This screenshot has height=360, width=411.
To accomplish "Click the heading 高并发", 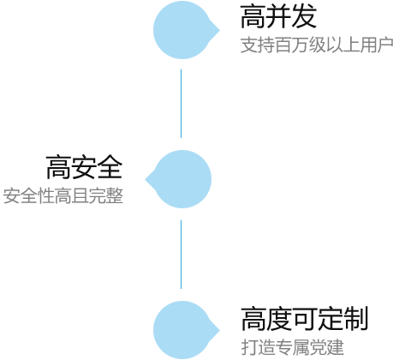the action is tap(278, 16).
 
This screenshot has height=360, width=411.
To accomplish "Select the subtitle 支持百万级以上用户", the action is tap(317, 45).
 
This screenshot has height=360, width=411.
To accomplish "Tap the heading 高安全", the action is tap(84, 167).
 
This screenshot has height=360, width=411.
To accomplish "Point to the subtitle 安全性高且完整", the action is tap(63, 196).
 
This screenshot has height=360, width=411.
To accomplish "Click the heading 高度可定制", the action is tap(304, 319).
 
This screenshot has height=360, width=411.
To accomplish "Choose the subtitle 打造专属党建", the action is tap(292, 347).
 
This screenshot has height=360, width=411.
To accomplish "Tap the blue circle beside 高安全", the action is tap(178, 179).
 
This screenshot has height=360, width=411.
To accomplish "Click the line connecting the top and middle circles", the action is tap(181, 104).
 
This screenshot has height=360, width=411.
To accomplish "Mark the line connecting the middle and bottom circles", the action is tap(181, 255).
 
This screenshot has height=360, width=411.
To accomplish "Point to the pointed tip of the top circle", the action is tap(219, 30).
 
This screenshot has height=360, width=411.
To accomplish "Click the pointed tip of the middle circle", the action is tap(146, 179).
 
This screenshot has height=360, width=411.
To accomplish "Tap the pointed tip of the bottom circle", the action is tap(219, 330).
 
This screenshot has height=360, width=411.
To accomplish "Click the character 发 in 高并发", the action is tap(304, 16).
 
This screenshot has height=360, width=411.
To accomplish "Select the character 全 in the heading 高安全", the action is tap(110, 167).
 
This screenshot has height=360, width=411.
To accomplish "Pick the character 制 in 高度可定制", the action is tap(355, 319).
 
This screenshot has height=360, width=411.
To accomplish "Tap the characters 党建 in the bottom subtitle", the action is tap(326, 347).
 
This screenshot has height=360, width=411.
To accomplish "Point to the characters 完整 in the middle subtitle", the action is tap(106, 196).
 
